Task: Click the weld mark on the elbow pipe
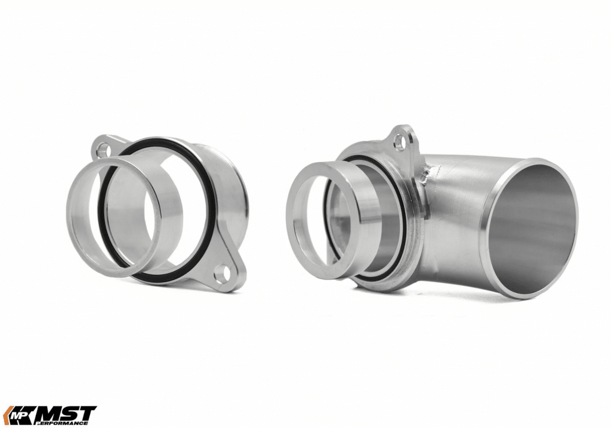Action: click(x=424, y=173)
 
